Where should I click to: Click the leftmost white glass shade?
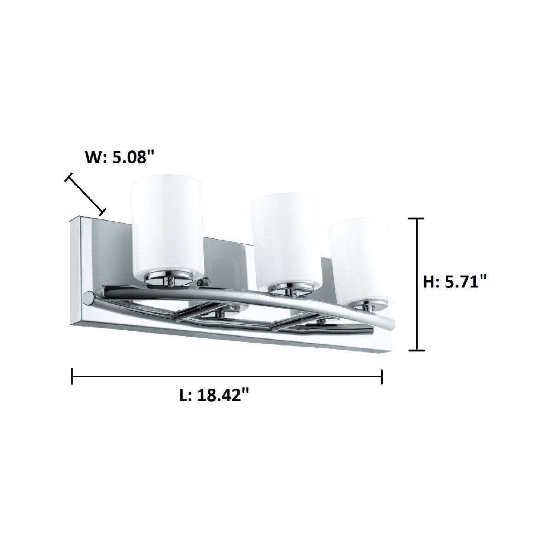click(167, 225)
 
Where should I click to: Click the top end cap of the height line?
click(416, 219)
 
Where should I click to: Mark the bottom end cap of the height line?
click(416, 351)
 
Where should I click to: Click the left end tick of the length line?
click(72, 376)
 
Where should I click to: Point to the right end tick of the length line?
click(382, 376)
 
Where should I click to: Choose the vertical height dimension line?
click(416, 285)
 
